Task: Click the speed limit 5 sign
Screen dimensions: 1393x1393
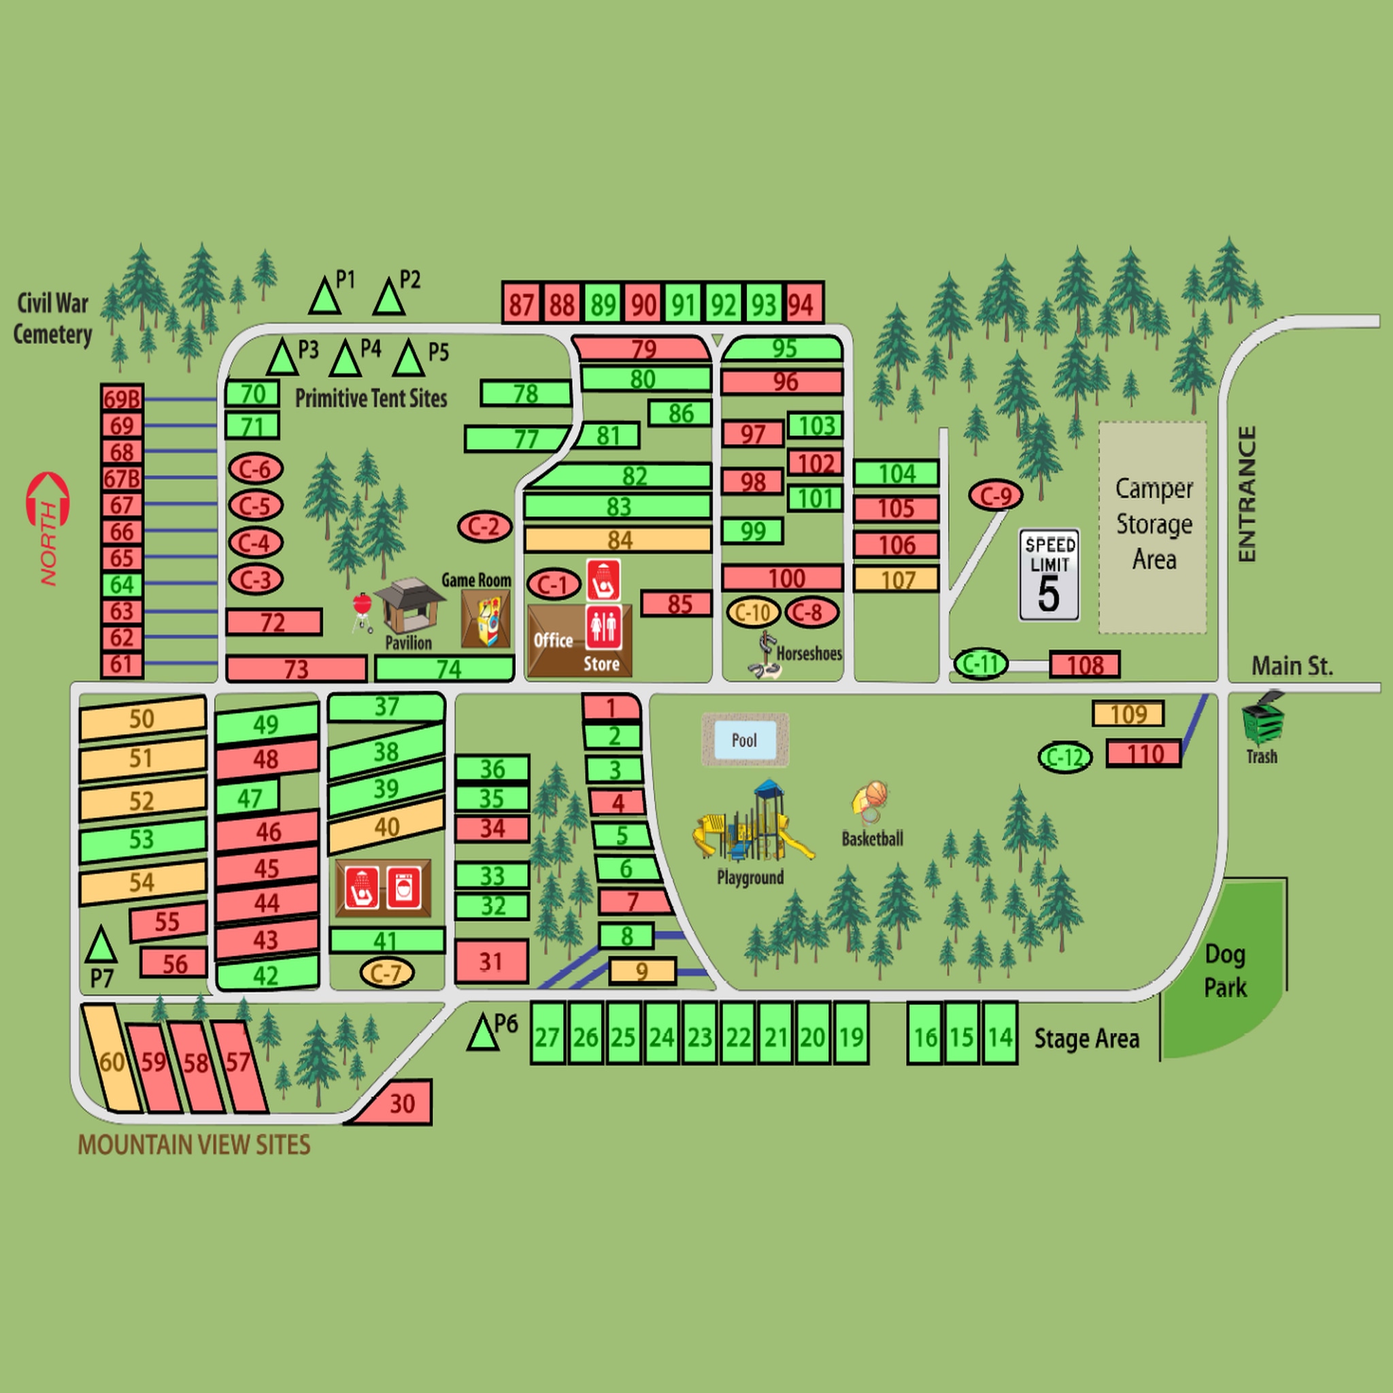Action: point(1049,575)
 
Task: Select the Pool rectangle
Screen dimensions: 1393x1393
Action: point(745,741)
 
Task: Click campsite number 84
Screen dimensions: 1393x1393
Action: point(618,539)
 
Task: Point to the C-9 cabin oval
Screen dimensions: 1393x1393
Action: point(996,495)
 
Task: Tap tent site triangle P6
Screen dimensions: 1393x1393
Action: point(482,1033)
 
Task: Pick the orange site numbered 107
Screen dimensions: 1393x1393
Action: point(896,580)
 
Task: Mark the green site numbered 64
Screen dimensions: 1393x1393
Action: point(122,585)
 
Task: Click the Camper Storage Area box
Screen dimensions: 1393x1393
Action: point(1152,527)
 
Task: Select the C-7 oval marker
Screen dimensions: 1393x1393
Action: point(386,973)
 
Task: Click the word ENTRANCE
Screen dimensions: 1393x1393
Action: point(1247,494)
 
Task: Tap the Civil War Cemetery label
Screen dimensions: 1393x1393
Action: point(52,319)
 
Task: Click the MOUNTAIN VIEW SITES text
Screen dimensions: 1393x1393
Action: point(194,1145)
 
